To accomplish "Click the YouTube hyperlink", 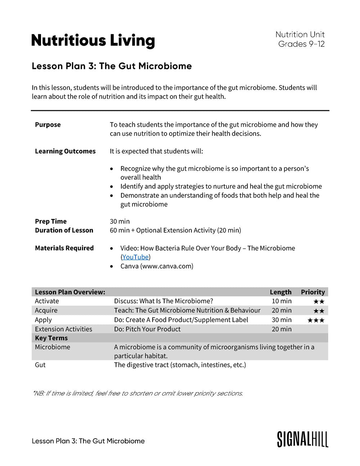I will [x=135, y=257].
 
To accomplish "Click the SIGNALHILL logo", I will [x=302, y=439].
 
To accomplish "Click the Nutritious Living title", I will [x=93, y=41].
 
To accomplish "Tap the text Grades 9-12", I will [x=301, y=44].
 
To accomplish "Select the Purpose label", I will [x=48, y=125].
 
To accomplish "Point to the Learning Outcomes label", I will [x=65, y=151].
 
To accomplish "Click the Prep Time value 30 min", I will [x=120, y=221].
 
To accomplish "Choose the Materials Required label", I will [x=64, y=248].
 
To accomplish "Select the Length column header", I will [x=280, y=292].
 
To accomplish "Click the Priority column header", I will [x=312, y=292].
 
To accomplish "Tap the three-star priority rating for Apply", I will [x=316, y=320].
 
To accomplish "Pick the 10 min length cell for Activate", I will [x=282, y=301].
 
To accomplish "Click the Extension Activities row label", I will [x=63, y=329].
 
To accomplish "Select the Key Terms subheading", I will [x=51, y=338].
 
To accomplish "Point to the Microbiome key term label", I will [x=53, y=347].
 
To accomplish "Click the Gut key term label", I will [x=40, y=365].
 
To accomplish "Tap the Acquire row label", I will [x=46, y=310].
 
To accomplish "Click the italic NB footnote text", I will [x=138, y=393].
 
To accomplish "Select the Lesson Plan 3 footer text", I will [x=88, y=441].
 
